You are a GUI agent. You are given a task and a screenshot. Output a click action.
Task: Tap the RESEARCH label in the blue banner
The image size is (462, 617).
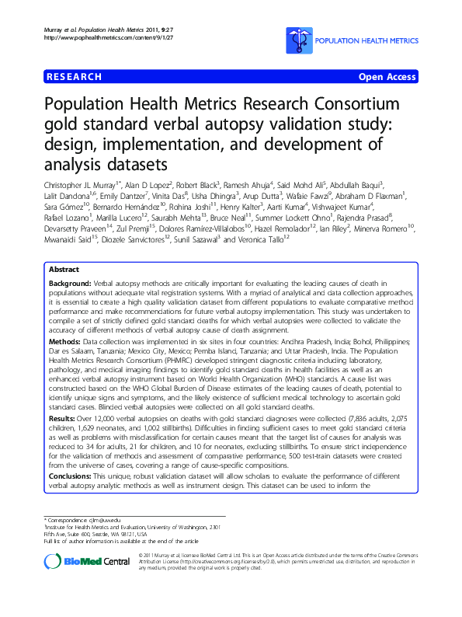(x=75, y=77)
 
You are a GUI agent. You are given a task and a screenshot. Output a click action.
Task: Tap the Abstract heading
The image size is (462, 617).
(x=64, y=268)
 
